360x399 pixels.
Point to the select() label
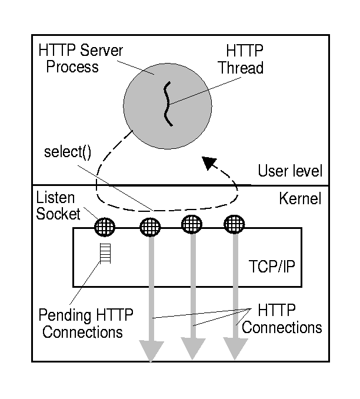(x=68, y=152)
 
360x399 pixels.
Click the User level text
(x=290, y=171)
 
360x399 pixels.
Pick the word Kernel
(x=300, y=199)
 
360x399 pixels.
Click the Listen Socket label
(x=56, y=205)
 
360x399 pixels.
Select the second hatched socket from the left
(x=149, y=226)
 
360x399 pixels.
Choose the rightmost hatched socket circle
(x=235, y=224)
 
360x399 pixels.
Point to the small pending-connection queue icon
(x=105, y=254)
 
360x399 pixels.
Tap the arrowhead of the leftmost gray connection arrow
(x=150, y=351)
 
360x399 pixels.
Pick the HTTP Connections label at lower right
(x=281, y=318)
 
